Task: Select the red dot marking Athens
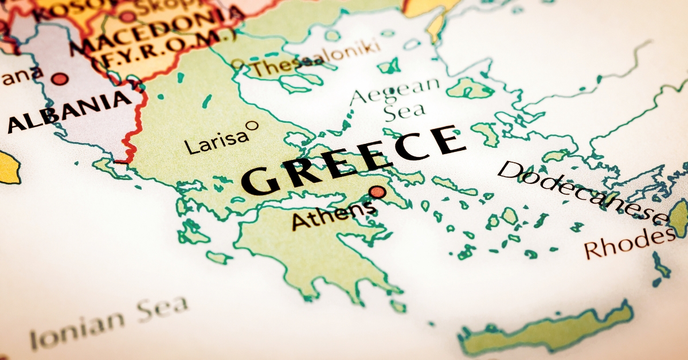pyautogui.click(x=377, y=192)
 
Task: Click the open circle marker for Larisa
pyautogui.click(x=251, y=124)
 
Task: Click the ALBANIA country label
pyautogui.click(x=69, y=111)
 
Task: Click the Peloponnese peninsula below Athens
pyautogui.click(x=310, y=252)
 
